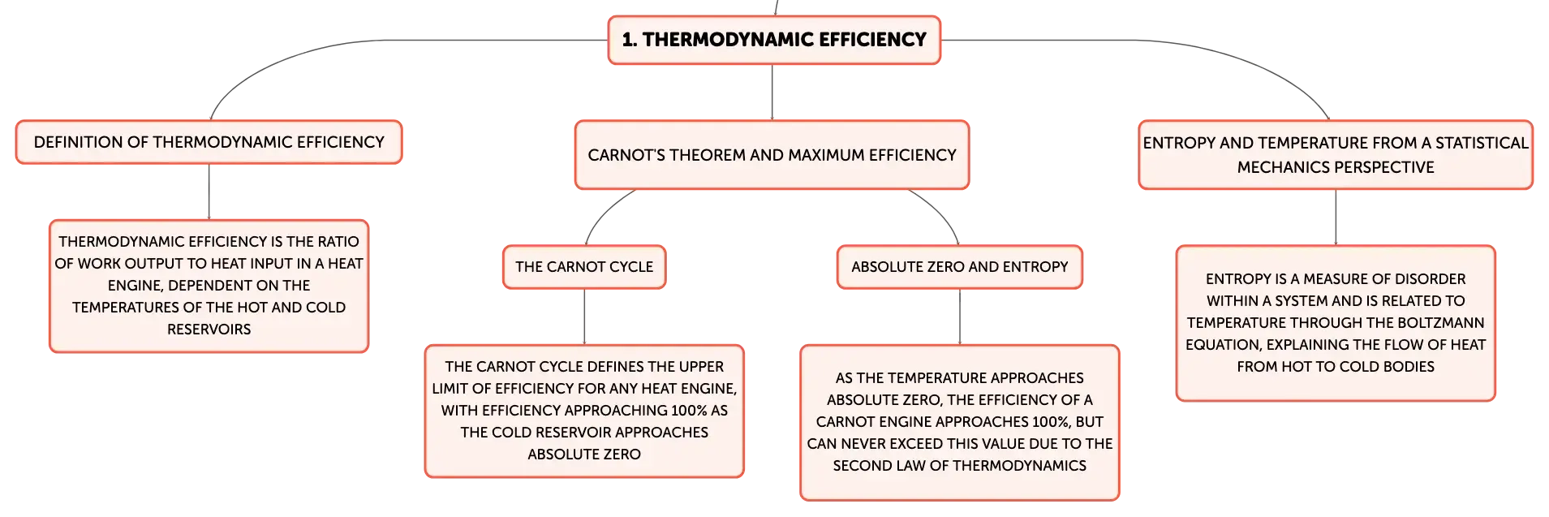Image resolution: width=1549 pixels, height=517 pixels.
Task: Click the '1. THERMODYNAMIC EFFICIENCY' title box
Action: point(774,40)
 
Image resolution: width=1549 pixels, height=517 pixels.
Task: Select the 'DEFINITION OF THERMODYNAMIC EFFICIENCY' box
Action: point(209,142)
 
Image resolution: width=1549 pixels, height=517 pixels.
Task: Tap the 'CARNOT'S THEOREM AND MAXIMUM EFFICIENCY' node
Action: point(772,155)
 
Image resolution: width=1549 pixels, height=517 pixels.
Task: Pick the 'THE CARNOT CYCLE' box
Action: point(584,267)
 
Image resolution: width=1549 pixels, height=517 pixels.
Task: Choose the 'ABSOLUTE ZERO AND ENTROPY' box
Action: point(960,267)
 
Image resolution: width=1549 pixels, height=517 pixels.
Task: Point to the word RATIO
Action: point(338,242)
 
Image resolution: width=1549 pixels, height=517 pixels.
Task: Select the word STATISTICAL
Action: point(1482,143)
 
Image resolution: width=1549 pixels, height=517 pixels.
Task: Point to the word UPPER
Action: point(702,367)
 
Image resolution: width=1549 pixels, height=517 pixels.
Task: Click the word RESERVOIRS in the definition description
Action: point(209,330)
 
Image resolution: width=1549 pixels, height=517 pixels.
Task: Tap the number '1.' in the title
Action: point(630,40)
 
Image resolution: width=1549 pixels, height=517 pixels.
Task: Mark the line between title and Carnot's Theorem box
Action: point(772,93)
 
